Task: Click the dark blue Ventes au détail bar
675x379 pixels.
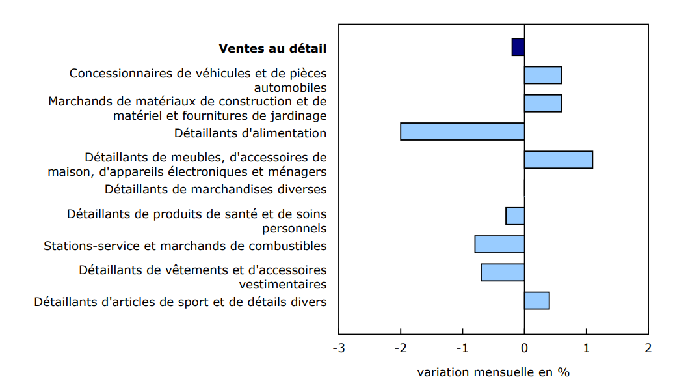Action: coord(518,47)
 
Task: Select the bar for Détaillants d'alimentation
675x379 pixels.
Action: coord(462,132)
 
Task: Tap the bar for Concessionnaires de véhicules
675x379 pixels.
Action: coord(543,75)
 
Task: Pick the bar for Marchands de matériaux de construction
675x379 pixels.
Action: coord(543,104)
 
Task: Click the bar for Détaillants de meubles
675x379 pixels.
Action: coord(558,160)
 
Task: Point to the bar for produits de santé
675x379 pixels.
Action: coord(515,216)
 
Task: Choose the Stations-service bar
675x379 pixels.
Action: coord(499,244)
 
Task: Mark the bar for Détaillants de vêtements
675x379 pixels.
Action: coord(503,272)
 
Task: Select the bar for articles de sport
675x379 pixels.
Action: coord(536,301)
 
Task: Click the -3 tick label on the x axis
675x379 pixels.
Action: coord(338,348)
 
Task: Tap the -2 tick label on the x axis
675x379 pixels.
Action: coord(400,348)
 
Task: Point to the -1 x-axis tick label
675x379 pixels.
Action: coord(462,348)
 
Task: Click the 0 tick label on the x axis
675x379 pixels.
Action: coord(525,348)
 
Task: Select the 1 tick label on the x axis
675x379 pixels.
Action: coord(587,348)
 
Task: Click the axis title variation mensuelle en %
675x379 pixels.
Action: coord(493,372)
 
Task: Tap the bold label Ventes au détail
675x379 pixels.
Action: coord(272,48)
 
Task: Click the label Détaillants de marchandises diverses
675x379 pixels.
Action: coord(215,189)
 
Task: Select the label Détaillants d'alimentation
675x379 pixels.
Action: coord(250,133)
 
